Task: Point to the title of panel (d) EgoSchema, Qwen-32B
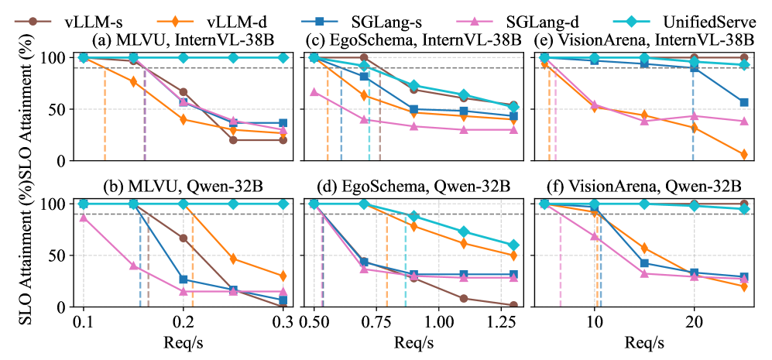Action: click(x=413, y=187)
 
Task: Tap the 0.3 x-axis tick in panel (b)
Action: click(x=283, y=321)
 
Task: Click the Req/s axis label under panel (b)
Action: click(x=184, y=341)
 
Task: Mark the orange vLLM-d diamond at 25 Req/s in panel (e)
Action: click(x=744, y=155)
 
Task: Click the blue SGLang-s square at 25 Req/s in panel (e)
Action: click(x=744, y=102)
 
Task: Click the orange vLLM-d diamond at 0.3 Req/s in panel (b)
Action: click(x=283, y=276)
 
